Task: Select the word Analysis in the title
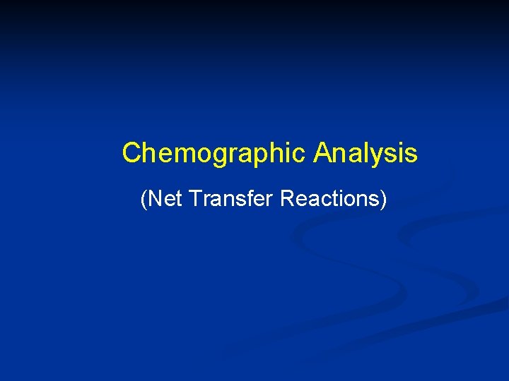[365, 152]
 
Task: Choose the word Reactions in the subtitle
[329, 199]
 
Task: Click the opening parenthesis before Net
[144, 200]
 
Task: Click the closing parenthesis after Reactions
[384, 200]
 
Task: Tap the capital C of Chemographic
[131, 152]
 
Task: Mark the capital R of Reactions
[287, 199]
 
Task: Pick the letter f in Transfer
[247, 198]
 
